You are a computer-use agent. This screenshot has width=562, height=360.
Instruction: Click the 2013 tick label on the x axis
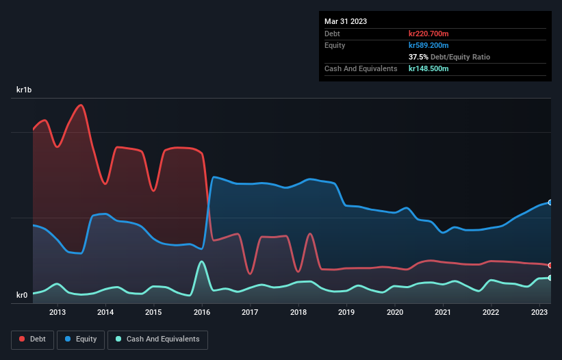click(58, 313)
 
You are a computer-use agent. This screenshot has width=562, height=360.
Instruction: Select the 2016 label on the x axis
click(202, 313)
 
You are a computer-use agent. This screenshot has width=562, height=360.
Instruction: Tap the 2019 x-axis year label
click(346, 313)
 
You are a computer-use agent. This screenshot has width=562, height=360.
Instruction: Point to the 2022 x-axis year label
click(491, 313)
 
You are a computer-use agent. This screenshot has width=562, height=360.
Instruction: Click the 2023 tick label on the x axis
click(539, 313)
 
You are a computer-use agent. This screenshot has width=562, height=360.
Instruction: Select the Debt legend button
click(33, 339)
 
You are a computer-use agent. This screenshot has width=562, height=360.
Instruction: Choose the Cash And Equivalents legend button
click(157, 339)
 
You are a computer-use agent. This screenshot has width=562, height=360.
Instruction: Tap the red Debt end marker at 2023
click(550, 265)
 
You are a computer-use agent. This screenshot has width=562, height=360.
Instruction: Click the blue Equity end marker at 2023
click(550, 202)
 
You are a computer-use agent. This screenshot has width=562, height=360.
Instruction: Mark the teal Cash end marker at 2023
click(550, 277)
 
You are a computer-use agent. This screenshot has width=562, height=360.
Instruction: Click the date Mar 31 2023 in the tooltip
click(346, 21)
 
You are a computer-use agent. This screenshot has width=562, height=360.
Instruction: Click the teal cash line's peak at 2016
click(201, 261)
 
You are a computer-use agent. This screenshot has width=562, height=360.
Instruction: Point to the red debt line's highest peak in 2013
click(81, 105)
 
